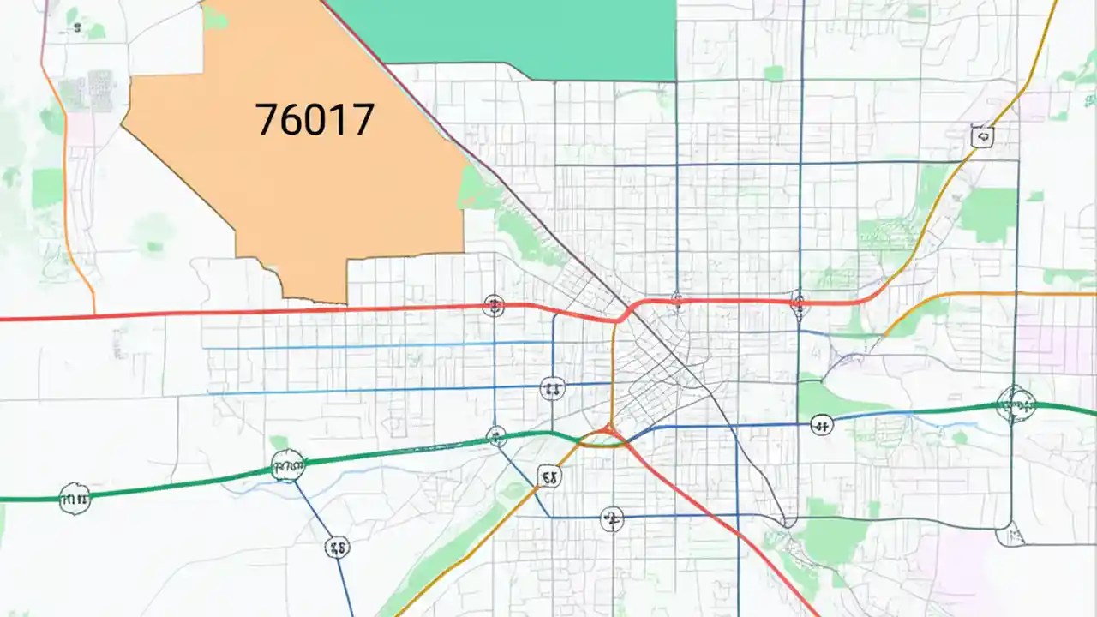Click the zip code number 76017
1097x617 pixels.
click(315, 120)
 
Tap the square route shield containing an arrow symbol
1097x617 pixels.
click(982, 135)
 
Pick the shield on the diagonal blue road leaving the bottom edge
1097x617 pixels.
click(338, 547)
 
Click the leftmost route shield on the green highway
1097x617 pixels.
click(75, 497)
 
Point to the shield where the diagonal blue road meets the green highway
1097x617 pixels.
click(288, 466)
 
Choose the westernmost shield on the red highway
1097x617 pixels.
click(493, 304)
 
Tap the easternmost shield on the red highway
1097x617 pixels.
click(799, 302)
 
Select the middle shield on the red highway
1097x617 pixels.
click(677, 301)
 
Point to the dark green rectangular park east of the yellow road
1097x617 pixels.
click(987, 214)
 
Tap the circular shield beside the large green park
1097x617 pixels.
click(821, 424)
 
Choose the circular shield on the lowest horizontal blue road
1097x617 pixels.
click(611, 518)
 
